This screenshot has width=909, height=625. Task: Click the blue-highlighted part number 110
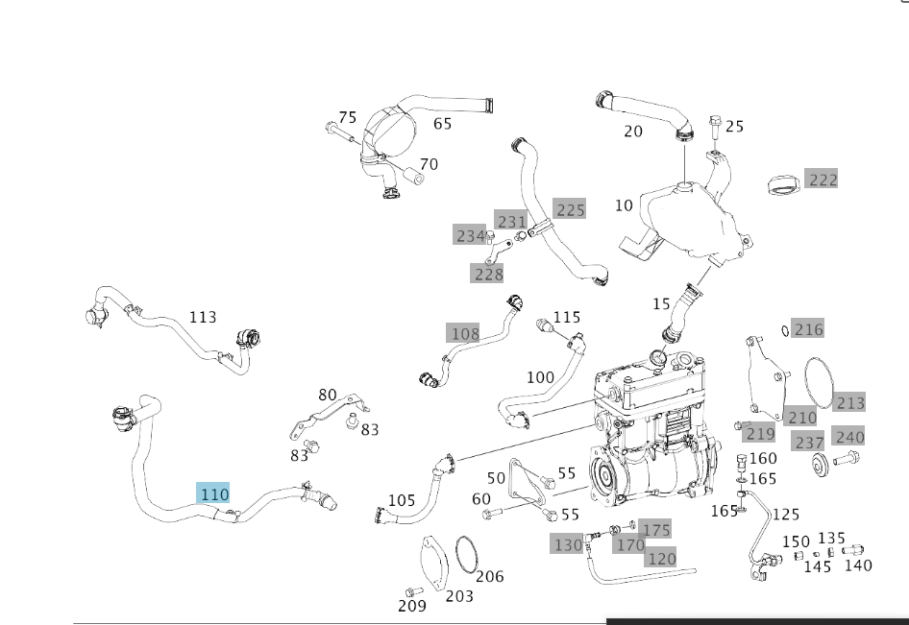[213, 493]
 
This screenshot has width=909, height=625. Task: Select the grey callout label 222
[823, 180]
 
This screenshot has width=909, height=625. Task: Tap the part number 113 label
[203, 317]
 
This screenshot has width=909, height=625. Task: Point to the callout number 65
[442, 124]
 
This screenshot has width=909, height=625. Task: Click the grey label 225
[570, 209]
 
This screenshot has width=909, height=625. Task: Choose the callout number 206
[489, 576]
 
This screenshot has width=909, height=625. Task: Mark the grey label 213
[850, 402]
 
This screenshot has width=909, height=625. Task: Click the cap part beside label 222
[785, 182]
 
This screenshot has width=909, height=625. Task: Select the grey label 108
[464, 333]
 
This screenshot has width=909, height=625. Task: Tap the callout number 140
[857, 565]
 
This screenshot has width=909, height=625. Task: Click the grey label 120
[661, 558]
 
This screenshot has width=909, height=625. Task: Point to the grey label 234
[471, 235]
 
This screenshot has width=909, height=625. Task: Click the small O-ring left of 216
[785, 330]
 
